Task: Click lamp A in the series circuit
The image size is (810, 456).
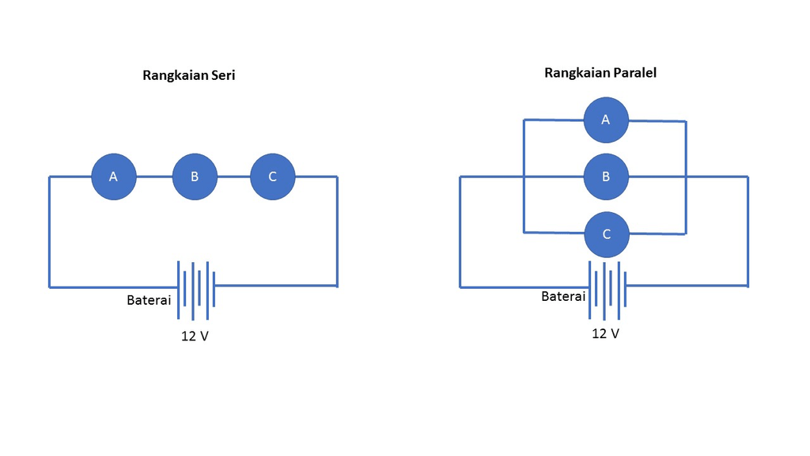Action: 114,177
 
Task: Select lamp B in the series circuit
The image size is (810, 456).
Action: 195,177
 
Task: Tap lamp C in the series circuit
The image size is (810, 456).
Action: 273,177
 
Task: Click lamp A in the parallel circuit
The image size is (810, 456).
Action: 606,120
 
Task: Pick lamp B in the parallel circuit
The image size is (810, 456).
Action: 606,177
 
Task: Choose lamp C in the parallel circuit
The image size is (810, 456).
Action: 606,234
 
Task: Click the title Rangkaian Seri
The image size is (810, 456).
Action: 189,76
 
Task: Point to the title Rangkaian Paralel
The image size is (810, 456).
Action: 600,73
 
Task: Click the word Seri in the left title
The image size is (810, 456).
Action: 224,76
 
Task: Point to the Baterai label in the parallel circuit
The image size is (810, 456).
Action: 563,297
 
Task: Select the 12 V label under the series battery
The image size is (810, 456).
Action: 195,336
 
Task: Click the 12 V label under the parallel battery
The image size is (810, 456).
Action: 606,333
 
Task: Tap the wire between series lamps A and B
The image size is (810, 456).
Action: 154,177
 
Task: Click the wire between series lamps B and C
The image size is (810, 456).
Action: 234,177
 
